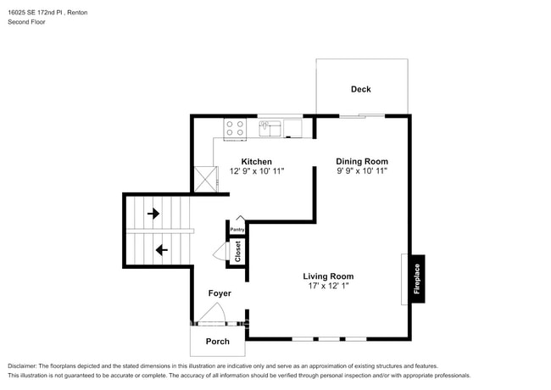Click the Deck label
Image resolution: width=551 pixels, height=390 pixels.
(361, 89)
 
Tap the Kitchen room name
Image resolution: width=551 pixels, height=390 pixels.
(257, 161)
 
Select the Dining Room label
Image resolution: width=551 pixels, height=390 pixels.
(362, 161)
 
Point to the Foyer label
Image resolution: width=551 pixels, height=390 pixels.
(220, 293)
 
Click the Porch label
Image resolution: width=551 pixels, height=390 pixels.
(218, 342)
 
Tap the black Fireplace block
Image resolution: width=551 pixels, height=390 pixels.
(416, 278)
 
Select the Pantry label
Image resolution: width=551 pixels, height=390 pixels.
(237, 229)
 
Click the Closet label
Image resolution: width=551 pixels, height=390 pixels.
(238, 252)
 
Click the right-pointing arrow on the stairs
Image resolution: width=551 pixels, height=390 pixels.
(153, 214)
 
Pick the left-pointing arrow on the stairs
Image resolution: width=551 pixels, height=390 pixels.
(161, 250)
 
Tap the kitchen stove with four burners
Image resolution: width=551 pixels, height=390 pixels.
(235, 128)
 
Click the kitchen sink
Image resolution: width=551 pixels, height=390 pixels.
(271, 128)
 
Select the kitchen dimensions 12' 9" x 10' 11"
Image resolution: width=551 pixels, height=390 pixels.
(257, 171)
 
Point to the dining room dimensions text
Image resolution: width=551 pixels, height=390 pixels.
(362, 171)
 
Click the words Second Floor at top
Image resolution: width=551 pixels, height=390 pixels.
(27, 22)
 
